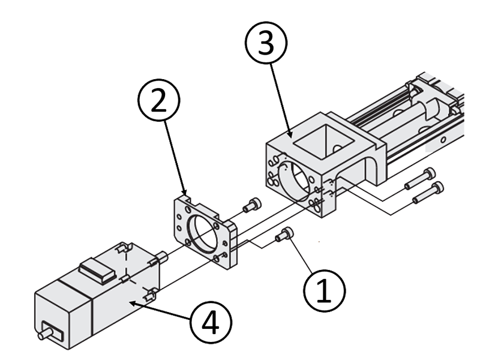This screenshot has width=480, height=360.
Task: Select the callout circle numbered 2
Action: point(157,103)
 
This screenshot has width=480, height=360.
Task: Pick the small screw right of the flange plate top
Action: point(252,206)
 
